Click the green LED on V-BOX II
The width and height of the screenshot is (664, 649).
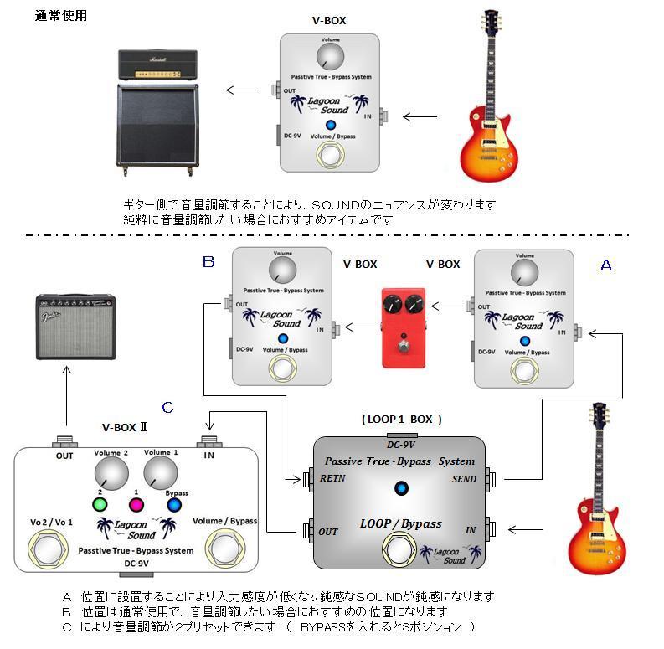point(100,504)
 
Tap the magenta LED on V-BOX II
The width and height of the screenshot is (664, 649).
point(136,504)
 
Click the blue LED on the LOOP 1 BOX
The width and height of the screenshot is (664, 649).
point(401,489)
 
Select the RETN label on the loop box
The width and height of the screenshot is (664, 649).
point(334,480)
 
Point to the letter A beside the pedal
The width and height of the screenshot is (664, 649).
point(606,265)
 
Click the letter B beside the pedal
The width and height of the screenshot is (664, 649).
point(208,262)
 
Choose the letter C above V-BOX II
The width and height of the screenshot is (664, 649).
point(167,408)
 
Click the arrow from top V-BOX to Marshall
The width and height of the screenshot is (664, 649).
point(243,90)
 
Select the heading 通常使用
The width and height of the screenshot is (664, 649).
point(60,17)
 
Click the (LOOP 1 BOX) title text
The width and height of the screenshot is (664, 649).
point(402,419)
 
